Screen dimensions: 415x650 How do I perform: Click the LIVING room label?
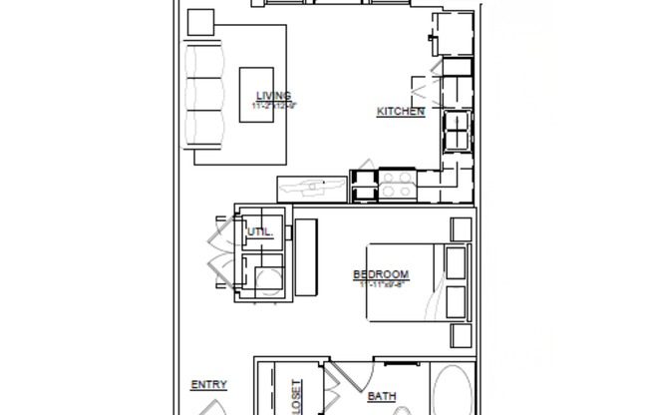(273, 96)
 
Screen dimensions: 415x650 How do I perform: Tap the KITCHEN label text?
(401, 112)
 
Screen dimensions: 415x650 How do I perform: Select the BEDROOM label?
(381, 275)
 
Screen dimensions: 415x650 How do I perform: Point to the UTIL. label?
(259, 232)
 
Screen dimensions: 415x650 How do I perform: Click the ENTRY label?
(208, 385)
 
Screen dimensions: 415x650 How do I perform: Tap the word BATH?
(382, 397)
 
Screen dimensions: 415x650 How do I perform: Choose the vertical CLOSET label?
(295, 397)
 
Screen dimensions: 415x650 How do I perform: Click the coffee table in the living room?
(256, 95)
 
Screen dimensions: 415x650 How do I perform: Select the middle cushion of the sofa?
(203, 95)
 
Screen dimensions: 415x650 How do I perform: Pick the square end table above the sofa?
(201, 21)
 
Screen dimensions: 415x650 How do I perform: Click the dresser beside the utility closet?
(306, 258)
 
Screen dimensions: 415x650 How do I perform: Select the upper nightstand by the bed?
(461, 228)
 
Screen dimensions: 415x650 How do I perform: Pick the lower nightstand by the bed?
(461, 335)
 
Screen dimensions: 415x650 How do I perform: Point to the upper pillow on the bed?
(456, 262)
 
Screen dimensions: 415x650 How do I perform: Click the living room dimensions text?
(274, 105)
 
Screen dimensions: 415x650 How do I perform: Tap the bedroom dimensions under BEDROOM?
(381, 284)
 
